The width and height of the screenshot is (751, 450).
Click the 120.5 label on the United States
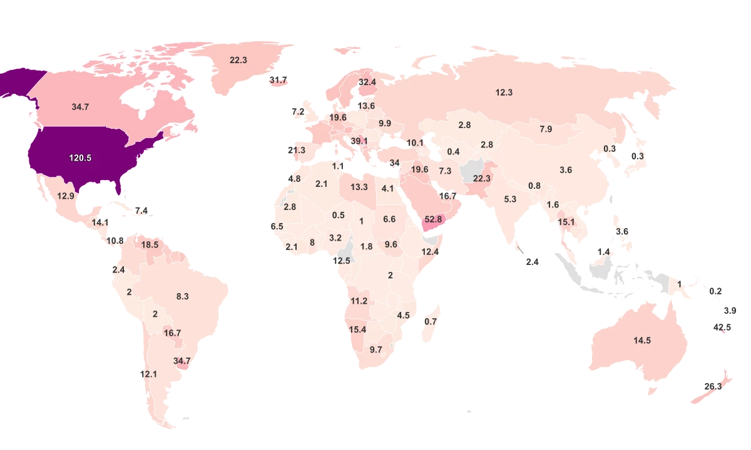[80, 158]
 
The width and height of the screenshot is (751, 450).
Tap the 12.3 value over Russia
[504, 92]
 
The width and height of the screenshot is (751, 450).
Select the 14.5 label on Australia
[642, 341]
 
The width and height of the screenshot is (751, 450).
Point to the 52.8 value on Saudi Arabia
[433, 219]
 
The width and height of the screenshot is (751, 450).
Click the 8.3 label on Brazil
[182, 297]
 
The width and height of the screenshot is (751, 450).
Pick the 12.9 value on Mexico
[66, 196]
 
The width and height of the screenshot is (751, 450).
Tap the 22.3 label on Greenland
[238, 61]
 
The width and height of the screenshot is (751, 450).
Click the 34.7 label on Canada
[80, 107]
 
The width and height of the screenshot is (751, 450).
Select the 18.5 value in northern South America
[150, 245]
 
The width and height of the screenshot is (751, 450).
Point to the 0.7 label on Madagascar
[431, 322]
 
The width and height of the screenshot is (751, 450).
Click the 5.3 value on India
[510, 199]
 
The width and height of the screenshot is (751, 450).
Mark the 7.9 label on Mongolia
[546, 129]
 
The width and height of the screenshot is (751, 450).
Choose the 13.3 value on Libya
[359, 187]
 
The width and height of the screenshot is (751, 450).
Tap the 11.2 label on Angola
[359, 301]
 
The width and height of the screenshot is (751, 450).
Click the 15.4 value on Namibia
[357, 329]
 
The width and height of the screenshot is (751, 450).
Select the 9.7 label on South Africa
[375, 350]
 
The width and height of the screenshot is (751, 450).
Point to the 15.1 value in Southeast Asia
[566, 222]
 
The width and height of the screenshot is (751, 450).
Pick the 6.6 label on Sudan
[389, 219]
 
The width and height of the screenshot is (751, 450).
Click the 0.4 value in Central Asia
[454, 152]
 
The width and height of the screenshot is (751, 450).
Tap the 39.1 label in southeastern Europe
[359, 141]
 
